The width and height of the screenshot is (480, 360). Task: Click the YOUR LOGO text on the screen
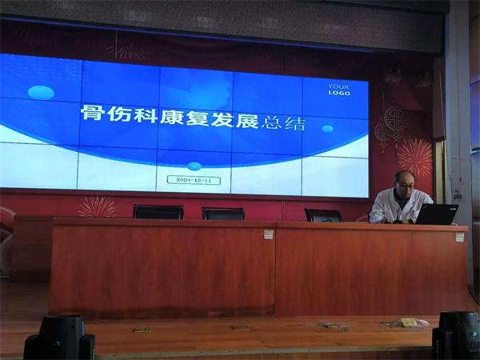(x=339, y=89)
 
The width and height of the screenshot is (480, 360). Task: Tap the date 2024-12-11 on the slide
(x=194, y=180)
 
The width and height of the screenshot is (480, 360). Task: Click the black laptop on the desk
(x=437, y=214)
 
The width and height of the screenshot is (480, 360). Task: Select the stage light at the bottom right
(x=457, y=335)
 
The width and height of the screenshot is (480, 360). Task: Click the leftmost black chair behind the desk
(x=158, y=212)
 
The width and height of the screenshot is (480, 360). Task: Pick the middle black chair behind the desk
(x=223, y=213)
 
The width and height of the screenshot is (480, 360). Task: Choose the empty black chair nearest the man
(x=323, y=214)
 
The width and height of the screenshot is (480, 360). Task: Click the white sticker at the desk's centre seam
(x=269, y=234)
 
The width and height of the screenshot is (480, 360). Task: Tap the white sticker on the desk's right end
(x=459, y=236)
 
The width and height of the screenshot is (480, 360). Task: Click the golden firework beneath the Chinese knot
(x=414, y=155)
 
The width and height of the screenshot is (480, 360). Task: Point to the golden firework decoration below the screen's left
(x=97, y=206)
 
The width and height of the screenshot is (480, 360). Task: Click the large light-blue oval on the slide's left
(x=41, y=92)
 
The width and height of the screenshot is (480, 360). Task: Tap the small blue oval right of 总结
(x=327, y=128)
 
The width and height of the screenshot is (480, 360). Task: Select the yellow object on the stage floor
(x=409, y=322)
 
